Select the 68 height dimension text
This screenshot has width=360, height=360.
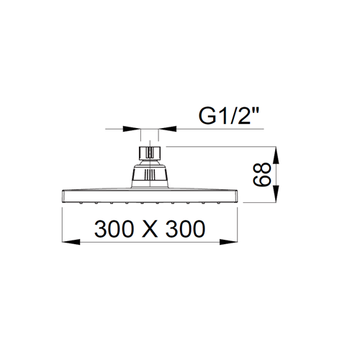click(262, 174)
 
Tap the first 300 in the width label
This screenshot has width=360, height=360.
click(114, 229)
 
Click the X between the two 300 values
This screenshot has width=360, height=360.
click(150, 229)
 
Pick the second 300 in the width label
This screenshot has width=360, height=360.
click(186, 229)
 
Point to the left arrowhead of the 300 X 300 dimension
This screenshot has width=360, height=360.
click(71, 242)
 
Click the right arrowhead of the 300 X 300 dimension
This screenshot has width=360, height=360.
click(228, 242)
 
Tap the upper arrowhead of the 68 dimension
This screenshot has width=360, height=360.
click(276, 156)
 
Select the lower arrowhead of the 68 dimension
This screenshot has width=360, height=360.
click(276, 194)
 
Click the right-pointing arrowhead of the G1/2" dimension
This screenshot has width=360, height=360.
click(132, 129)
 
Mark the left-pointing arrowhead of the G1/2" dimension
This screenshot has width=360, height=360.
click(168, 129)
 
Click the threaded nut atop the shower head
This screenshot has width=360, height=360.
click(150, 153)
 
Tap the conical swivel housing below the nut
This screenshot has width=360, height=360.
click(150, 174)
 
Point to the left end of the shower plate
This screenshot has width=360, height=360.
click(63, 197)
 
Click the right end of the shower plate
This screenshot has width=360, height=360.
click(237, 197)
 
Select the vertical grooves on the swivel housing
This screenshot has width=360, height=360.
click(150, 174)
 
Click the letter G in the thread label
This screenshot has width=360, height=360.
click(207, 116)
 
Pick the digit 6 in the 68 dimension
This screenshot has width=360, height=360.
click(262, 181)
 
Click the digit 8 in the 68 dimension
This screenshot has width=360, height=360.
click(262, 168)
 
